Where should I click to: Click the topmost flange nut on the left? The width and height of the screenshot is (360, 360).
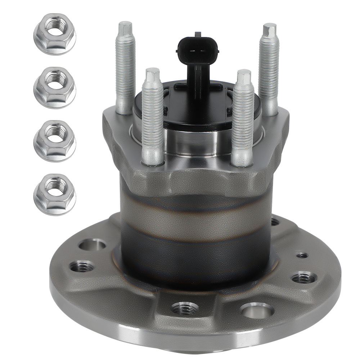coord(55,33)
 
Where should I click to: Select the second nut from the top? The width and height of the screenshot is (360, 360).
coord(55,87)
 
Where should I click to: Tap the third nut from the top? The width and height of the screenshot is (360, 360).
coord(55,141)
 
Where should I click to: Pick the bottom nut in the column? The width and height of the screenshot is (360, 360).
coord(55,194)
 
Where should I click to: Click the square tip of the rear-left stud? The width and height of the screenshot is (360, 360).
coord(125,27)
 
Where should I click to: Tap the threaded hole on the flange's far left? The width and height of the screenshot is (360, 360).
coord(81,267)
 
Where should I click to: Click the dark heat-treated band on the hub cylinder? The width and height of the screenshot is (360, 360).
coord(194,248)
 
